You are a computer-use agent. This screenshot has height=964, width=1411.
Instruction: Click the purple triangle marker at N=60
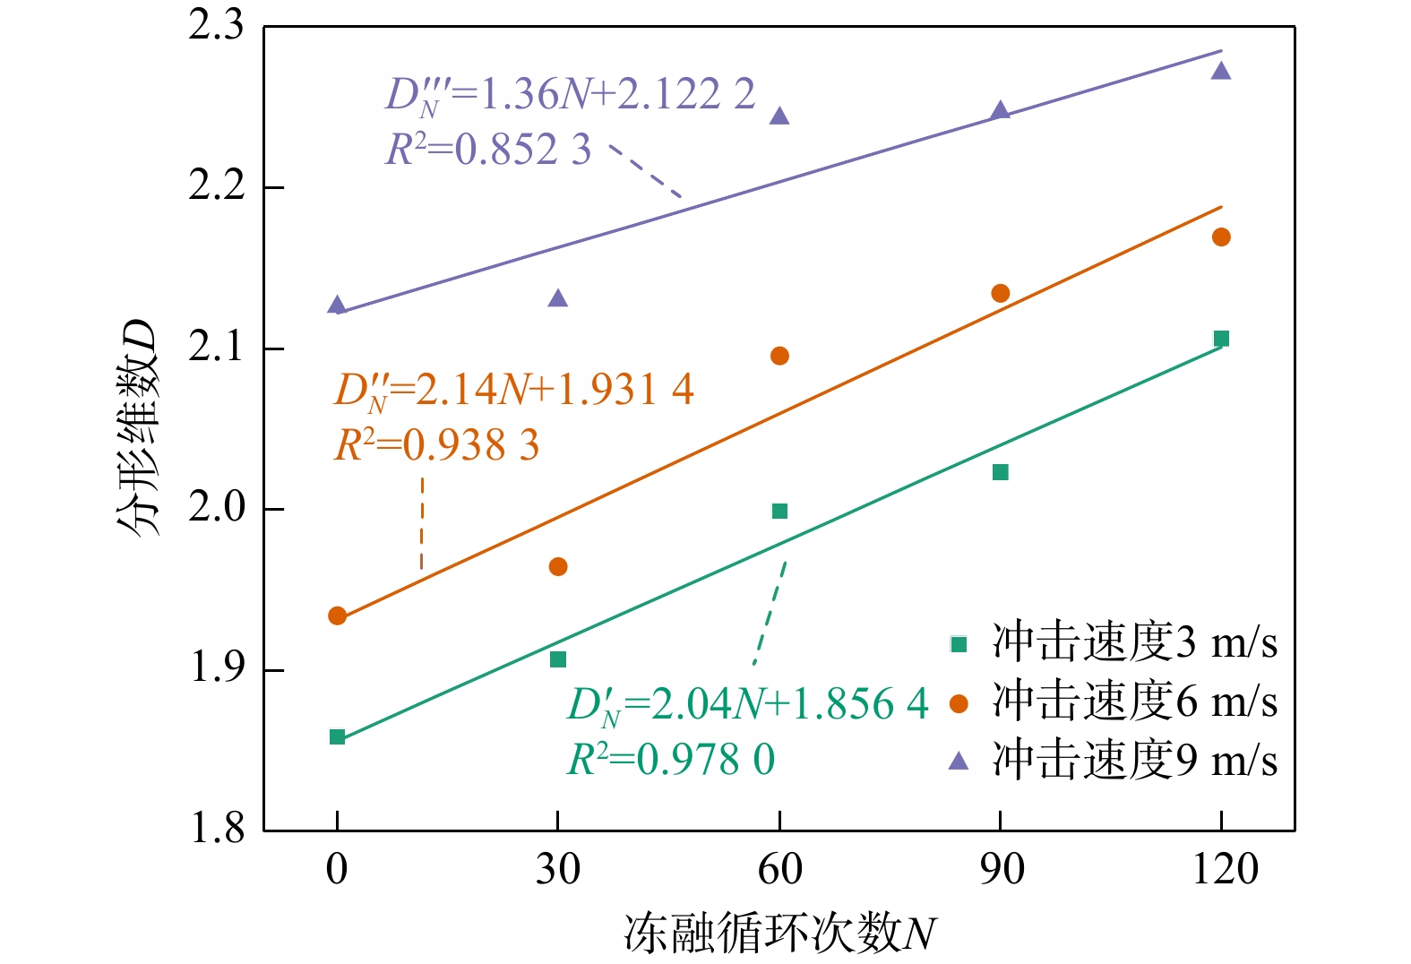click(779, 116)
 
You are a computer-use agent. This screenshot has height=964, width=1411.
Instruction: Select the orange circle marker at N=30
click(558, 566)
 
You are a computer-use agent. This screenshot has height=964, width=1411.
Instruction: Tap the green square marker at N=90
click(1001, 472)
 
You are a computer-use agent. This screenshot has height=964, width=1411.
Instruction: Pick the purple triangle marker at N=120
click(1221, 71)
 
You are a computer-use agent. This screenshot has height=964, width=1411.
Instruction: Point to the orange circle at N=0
click(337, 615)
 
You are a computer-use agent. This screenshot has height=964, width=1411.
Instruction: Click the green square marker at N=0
click(337, 737)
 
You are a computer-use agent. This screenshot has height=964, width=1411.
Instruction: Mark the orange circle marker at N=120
click(1221, 237)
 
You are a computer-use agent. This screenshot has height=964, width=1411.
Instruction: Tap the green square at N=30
click(558, 659)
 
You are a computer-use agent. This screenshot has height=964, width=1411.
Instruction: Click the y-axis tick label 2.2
click(216, 186)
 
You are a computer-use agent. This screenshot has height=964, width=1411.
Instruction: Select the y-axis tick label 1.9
click(216, 668)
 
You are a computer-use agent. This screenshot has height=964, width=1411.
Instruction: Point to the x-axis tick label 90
click(1001, 869)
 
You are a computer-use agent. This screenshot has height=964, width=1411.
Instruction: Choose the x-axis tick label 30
click(558, 869)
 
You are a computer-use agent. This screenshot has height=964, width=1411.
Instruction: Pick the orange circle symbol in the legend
click(959, 703)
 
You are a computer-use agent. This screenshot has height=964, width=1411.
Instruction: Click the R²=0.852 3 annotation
click(488, 150)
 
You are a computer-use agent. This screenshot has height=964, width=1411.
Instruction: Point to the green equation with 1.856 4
click(748, 704)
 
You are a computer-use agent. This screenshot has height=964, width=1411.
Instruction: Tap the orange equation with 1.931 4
click(513, 390)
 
